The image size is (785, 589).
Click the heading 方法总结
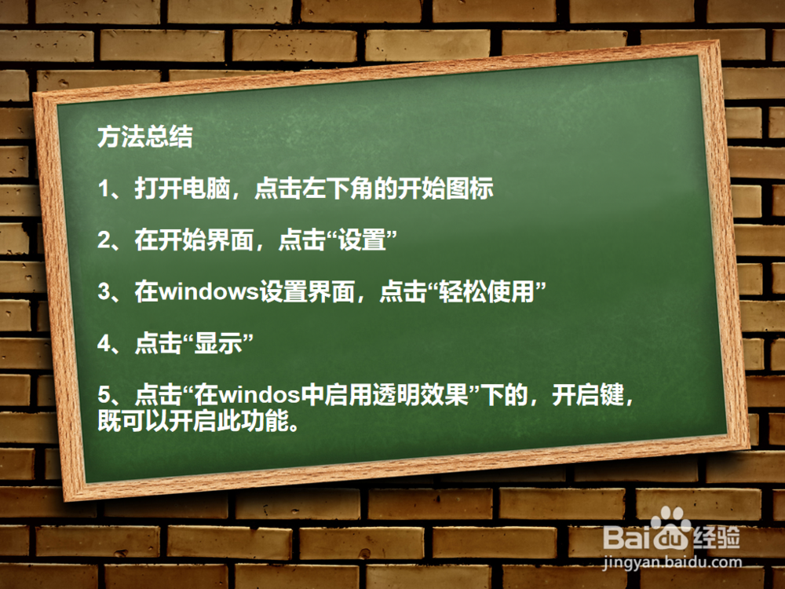(145, 137)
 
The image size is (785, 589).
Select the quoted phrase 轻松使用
(487, 292)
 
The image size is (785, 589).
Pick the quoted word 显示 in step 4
(218, 344)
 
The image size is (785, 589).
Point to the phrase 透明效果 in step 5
(420, 395)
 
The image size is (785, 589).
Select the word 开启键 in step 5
(588, 395)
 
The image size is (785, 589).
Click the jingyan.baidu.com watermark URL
(672, 563)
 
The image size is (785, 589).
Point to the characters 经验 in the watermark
(717, 538)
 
